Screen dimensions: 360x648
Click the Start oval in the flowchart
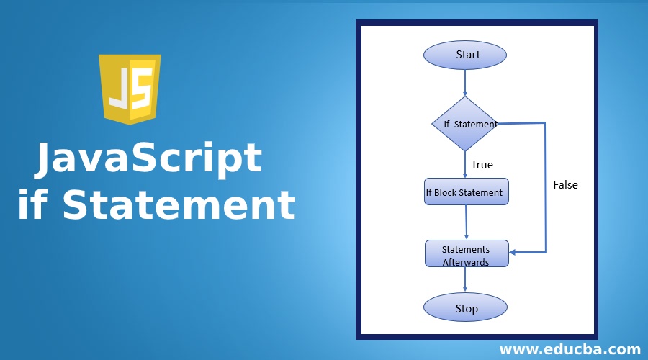click(x=465, y=55)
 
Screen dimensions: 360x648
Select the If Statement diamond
click(x=465, y=124)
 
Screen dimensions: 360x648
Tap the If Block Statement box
click(x=466, y=192)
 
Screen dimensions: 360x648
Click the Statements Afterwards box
click(x=466, y=254)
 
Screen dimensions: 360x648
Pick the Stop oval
click(x=466, y=308)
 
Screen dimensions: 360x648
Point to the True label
click(x=482, y=165)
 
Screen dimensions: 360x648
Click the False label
click(x=565, y=185)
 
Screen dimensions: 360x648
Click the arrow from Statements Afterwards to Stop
click(x=467, y=281)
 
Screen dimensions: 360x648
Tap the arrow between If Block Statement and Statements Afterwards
click(x=467, y=222)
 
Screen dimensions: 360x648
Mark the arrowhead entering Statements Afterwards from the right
click(x=514, y=252)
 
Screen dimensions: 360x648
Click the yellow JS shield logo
click(x=130, y=88)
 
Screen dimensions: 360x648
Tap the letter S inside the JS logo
click(x=142, y=88)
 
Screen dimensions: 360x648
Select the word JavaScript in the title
click(x=148, y=158)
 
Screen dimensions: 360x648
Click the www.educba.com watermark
click(x=570, y=350)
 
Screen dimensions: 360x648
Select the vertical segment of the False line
click(x=546, y=187)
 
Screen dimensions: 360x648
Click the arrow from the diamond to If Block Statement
click(x=465, y=164)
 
